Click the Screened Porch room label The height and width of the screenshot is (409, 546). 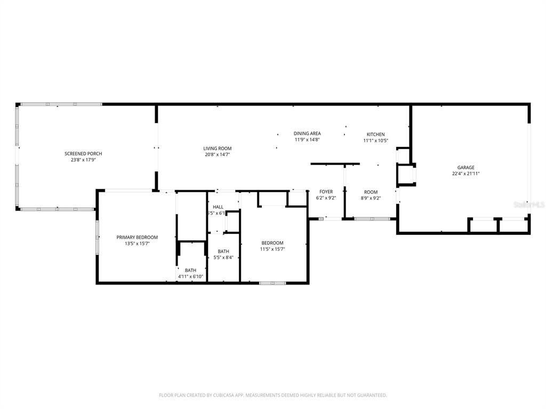(x=83, y=154)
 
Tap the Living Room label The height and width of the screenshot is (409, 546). (x=218, y=149)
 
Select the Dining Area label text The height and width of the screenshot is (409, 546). (x=307, y=134)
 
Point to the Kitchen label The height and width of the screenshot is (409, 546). (x=376, y=134)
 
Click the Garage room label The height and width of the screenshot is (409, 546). (x=466, y=167)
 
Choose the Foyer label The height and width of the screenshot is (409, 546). (x=326, y=192)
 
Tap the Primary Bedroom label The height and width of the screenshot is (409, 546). (x=137, y=237)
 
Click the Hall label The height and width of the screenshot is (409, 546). (x=218, y=207)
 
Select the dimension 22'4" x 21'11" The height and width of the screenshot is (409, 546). (x=466, y=174)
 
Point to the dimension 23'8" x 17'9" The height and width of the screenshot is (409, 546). (x=83, y=160)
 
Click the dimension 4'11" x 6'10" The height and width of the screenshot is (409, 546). (x=190, y=276)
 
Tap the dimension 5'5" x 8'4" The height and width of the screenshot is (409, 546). (x=223, y=258)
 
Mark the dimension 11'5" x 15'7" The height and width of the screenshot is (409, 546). (x=272, y=249)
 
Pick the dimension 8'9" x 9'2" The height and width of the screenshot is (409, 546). (x=371, y=198)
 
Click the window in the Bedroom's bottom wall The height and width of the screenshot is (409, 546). (x=272, y=283)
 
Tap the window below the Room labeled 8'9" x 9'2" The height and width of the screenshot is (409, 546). (x=372, y=219)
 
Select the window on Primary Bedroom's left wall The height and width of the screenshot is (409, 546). (x=98, y=236)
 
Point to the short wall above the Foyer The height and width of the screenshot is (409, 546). (x=335, y=164)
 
